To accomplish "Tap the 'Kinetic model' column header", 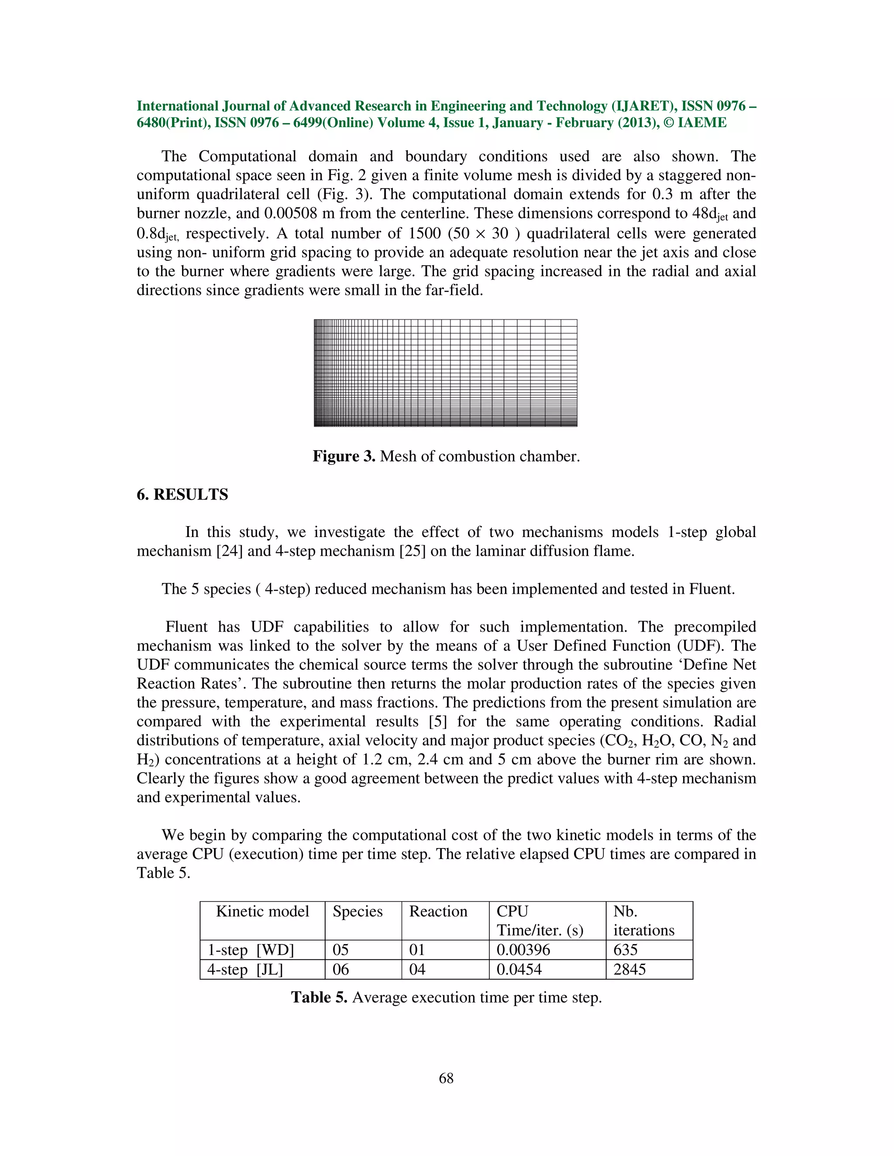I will (262, 911).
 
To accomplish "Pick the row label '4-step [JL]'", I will (245, 970).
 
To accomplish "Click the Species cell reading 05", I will (340, 950).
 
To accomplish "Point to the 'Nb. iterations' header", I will (643, 920).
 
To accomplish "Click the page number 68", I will (446, 1078).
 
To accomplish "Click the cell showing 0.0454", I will (519, 969).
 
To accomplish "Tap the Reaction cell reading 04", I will (417, 969).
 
